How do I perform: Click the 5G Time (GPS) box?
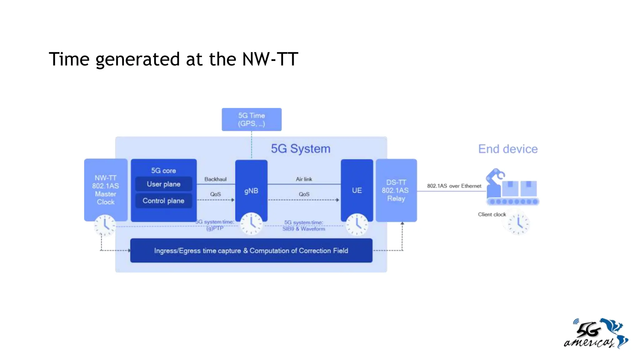click(252, 119)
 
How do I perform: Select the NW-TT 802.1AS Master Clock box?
click(106, 189)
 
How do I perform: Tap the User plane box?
click(163, 184)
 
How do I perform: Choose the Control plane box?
click(163, 201)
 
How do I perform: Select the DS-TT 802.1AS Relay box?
click(396, 190)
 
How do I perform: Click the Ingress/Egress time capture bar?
click(251, 251)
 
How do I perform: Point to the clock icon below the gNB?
click(251, 224)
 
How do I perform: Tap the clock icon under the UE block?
click(357, 224)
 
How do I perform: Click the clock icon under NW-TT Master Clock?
click(105, 225)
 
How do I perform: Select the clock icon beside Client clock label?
click(518, 224)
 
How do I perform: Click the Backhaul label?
click(215, 179)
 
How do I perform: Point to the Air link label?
click(304, 179)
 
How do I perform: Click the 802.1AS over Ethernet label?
click(454, 186)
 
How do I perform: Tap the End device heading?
click(508, 149)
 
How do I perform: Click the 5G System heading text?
click(300, 149)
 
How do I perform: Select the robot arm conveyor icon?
click(512, 187)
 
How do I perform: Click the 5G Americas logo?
click(596, 333)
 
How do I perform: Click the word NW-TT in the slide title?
click(270, 59)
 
